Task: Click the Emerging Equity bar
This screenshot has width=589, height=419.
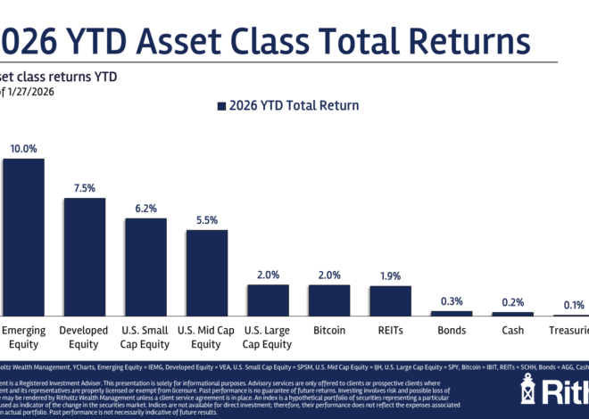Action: click(23, 237)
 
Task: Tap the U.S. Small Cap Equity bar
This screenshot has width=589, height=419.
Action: click(145, 267)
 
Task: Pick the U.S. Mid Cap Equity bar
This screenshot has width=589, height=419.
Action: click(206, 272)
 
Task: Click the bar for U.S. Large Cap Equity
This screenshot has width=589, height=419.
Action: click(268, 300)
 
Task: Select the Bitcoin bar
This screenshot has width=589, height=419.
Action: click(329, 300)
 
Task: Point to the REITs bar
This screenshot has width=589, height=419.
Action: click(390, 301)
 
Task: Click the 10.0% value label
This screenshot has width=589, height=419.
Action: click(23, 149)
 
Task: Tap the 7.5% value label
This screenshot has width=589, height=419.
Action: click(84, 188)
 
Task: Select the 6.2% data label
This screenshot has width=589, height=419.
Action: click(145, 209)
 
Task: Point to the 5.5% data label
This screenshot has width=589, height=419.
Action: click(206, 220)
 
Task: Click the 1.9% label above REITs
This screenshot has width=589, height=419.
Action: click(390, 276)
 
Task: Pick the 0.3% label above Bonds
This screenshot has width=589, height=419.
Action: click(452, 301)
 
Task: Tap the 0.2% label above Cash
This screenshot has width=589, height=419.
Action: click(512, 303)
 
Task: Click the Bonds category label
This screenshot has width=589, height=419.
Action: click(452, 331)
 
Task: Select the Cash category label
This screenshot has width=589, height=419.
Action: click(512, 331)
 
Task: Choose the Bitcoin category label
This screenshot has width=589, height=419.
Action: click(329, 331)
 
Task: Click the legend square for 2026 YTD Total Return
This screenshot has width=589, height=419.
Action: click(221, 106)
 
